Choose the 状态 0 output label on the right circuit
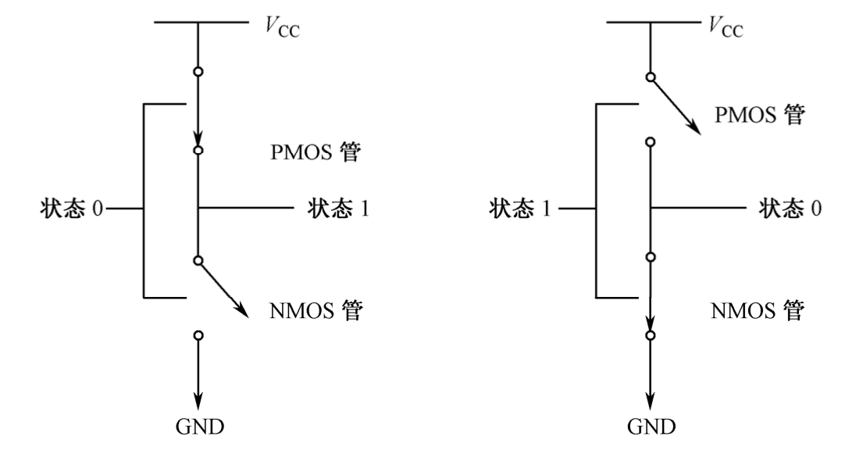(789, 209)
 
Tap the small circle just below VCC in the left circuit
(198, 71)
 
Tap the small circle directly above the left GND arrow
(198, 335)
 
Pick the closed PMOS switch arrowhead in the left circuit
(198, 138)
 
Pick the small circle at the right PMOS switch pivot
(650, 77)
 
